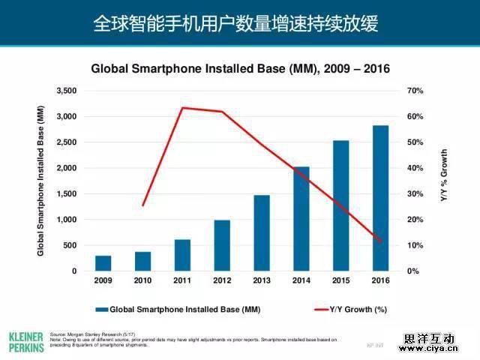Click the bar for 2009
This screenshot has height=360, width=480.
click(x=103, y=263)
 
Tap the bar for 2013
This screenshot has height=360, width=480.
click(x=262, y=232)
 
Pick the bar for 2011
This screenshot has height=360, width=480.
click(x=182, y=255)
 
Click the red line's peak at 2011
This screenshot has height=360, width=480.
click(x=182, y=108)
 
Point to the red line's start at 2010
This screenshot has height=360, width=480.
click(x=142, y=205)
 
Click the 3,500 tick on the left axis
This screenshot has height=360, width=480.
click(x=67, y=91)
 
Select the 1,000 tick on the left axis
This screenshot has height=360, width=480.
click(x=67, y=220)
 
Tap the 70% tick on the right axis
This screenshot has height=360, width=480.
click(x=415, y=91)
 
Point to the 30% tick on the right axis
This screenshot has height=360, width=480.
click(x=415, y=194)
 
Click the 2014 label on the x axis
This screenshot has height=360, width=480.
click(x=301, y=281)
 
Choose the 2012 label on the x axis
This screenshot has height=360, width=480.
click(x=222, y=281)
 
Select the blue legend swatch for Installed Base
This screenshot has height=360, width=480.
click(x=101, y=309)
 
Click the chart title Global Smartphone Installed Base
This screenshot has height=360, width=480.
click(x=240, y=69)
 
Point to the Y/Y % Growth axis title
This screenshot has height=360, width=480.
click(x=443, y=174)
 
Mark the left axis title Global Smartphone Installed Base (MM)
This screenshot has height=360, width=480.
click(x=41, y=180)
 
